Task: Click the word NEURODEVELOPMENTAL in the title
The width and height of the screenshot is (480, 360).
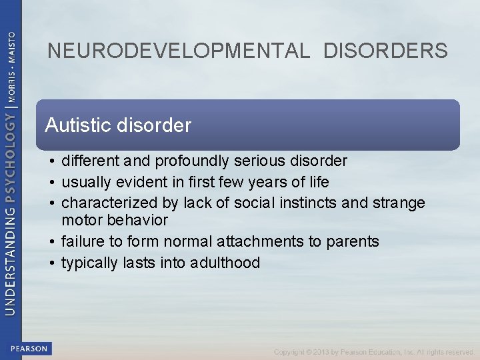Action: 179,51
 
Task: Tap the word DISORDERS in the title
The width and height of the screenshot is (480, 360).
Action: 386,51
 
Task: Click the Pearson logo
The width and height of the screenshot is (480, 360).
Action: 29,348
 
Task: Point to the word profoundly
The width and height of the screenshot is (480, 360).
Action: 187,161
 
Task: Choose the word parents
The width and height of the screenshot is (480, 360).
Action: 353,241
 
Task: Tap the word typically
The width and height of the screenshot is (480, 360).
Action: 90,263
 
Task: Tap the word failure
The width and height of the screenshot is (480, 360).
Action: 81,241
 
